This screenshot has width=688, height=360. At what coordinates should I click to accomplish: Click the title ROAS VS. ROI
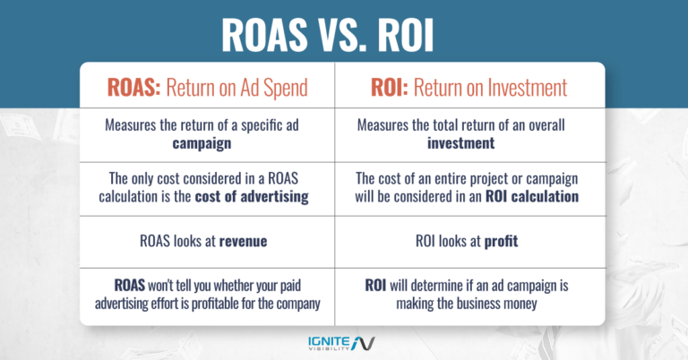point(344,36)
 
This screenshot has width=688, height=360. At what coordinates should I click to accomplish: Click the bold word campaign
point(206,142)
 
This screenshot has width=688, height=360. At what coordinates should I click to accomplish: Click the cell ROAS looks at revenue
point(206,239)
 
